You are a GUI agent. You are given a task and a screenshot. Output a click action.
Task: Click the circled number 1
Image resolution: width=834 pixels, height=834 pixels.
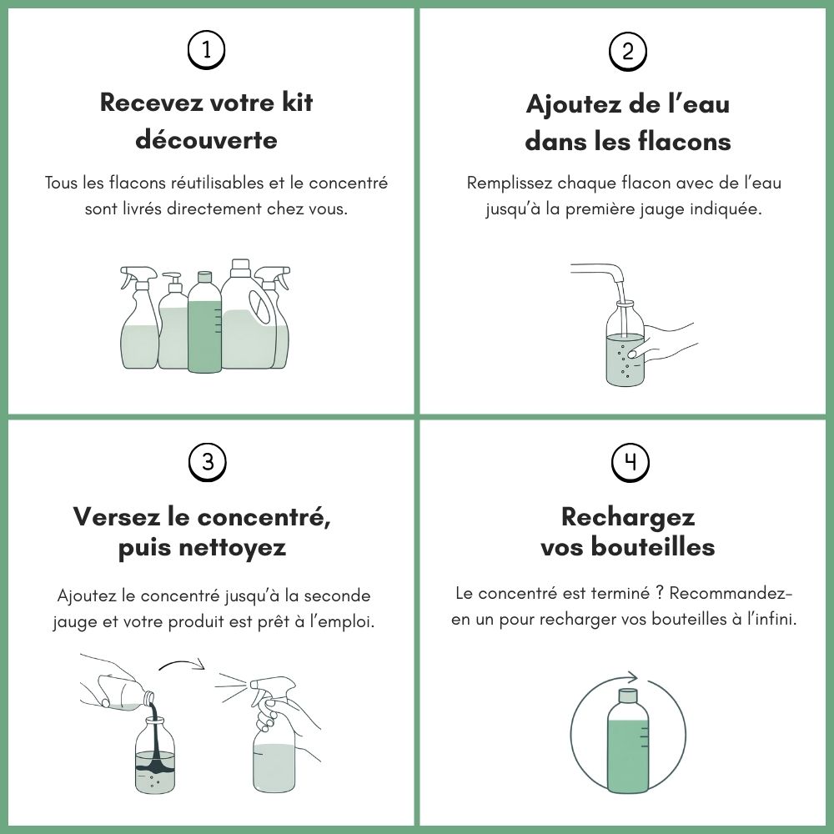point(206,51)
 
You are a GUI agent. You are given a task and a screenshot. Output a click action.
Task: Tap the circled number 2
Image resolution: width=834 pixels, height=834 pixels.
point(628,52)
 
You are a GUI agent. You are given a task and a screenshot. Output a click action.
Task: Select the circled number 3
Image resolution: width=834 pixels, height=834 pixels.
point(208,462)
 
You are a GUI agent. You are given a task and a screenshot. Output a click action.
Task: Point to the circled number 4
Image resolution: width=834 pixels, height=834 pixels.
point(631,463)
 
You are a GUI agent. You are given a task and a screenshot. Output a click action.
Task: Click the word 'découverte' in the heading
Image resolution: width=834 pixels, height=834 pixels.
point(206,139)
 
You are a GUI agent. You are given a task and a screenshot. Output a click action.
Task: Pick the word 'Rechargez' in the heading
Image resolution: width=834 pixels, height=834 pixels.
point(628,517)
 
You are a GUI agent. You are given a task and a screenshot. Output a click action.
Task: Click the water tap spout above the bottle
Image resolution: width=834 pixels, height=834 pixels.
point(597,273)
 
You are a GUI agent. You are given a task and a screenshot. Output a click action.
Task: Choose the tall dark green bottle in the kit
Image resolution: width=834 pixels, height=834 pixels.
point(205,322)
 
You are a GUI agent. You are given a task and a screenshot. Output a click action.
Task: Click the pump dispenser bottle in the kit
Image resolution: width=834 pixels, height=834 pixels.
point(173,321)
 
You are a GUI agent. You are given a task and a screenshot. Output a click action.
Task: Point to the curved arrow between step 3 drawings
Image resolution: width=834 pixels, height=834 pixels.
point(182,663)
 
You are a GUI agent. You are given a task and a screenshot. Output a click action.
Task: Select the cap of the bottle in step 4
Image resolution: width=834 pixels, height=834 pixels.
point(628,696)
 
